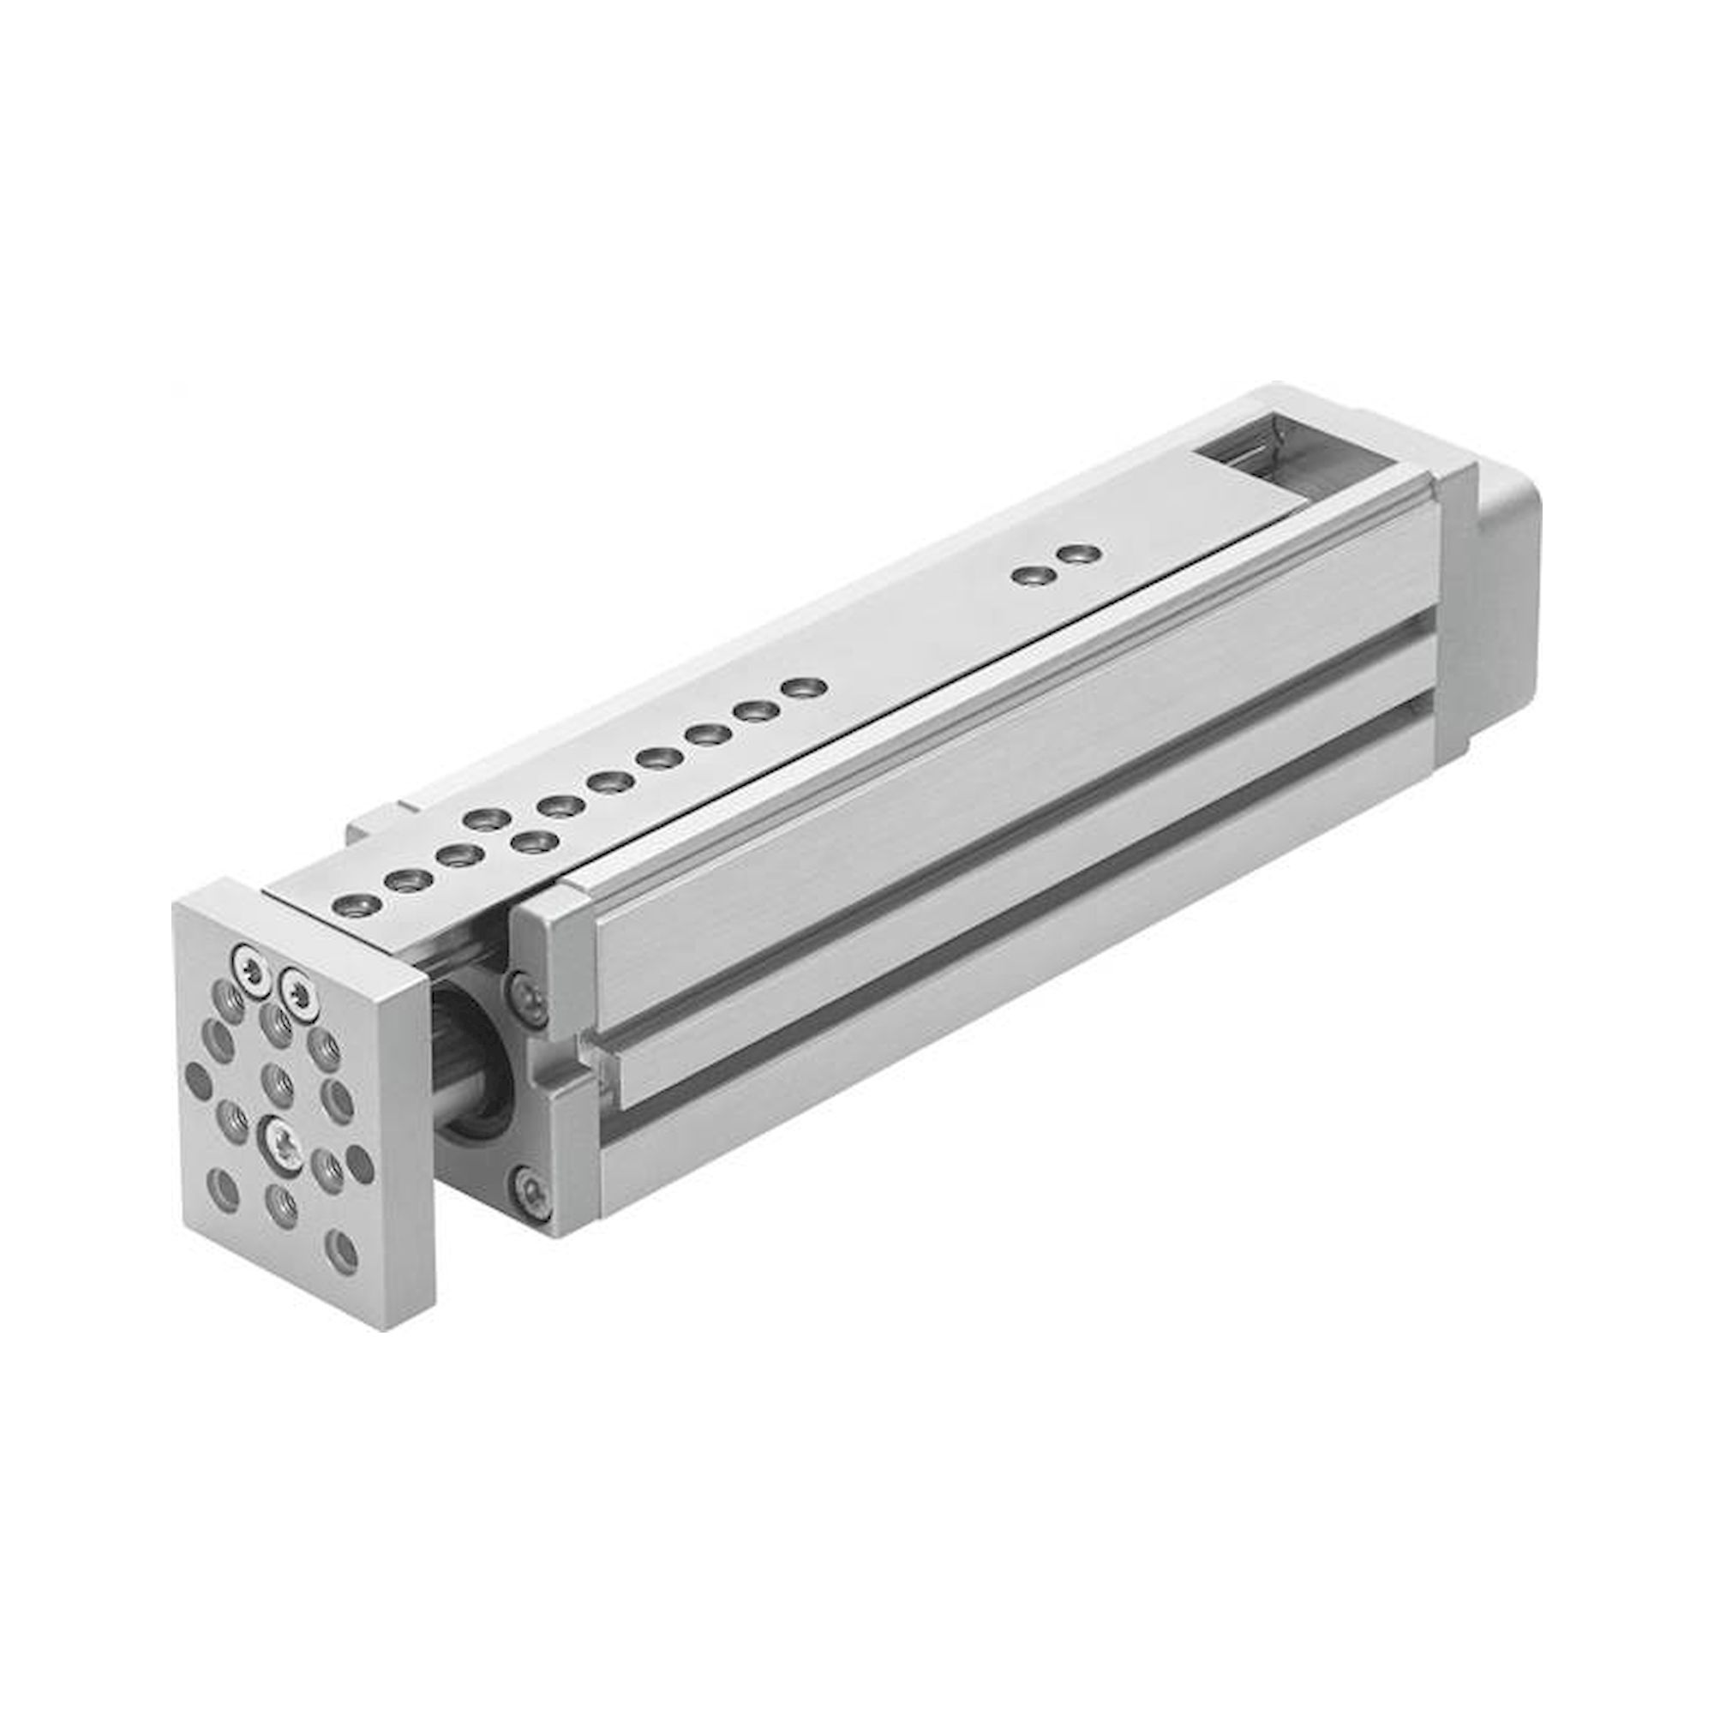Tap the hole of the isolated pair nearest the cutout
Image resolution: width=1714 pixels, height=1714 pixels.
[x=1079, y=554]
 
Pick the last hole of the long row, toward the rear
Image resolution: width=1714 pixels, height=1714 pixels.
[x=804, y=687]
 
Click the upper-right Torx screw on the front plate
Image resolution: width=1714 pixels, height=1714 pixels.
[x=295, y=983]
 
